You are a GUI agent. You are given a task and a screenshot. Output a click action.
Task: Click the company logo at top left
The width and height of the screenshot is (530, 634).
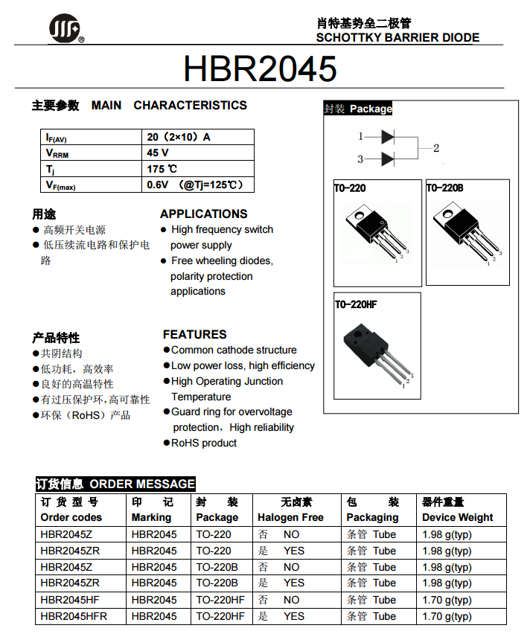(66, 30)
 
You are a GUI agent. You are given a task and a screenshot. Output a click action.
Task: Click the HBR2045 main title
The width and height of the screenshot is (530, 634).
(260, 69)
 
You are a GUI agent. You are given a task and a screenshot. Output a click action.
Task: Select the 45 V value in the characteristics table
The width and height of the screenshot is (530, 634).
(158, 153)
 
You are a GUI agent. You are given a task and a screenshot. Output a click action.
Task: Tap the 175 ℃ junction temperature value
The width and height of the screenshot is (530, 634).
(162, 169)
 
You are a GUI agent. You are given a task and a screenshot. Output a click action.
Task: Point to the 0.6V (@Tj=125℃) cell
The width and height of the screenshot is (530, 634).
(195, 185)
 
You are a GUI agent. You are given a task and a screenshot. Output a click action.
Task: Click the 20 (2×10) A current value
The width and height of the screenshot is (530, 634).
(179, 137)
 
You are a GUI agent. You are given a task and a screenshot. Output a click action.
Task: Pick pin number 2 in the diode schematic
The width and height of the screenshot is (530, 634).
(436, 148)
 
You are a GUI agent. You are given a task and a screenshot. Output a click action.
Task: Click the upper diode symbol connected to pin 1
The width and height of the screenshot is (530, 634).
(387, 137)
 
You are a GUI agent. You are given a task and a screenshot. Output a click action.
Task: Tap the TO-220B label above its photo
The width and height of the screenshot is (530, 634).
(445, 188)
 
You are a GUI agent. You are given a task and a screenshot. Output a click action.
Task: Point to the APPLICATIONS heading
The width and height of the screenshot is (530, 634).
(203, 214)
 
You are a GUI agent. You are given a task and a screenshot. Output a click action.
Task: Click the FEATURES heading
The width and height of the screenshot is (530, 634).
(194, 334)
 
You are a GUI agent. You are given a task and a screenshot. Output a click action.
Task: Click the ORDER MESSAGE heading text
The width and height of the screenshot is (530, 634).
(142, 484)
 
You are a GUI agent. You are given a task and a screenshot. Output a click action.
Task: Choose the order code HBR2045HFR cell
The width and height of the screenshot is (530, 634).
(74, 616)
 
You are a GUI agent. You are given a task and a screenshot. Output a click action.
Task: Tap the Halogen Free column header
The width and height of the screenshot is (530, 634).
(290, 517)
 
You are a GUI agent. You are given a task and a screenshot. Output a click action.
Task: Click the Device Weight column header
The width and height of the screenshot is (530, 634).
(457, 517)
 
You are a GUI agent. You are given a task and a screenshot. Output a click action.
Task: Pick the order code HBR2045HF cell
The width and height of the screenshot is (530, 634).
(70, 600)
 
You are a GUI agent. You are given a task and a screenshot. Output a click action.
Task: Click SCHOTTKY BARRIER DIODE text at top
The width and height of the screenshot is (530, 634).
(397, 38)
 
